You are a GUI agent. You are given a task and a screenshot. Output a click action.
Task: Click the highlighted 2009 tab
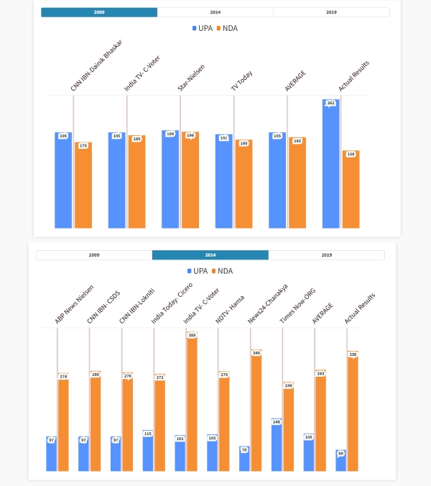[99, 12]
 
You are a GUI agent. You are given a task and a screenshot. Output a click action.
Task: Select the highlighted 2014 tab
[210, 255]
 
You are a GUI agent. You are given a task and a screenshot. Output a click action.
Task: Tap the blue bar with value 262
[330, 165]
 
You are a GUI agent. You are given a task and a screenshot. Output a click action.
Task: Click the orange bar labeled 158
[351, 190]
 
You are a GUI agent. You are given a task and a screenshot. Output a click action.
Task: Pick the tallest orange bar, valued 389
[192, 403]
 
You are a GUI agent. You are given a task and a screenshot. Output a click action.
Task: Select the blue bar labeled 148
[277, 446]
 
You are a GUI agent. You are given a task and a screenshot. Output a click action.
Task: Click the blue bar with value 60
[340, 461]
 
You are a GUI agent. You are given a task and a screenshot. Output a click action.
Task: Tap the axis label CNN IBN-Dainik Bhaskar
[96, 67]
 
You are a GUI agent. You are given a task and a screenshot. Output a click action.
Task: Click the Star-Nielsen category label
[191, 78]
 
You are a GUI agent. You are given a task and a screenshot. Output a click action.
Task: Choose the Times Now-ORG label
[297, 307]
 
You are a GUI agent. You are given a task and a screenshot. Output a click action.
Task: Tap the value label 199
[170, 134]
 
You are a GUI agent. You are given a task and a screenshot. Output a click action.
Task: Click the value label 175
[84, 145]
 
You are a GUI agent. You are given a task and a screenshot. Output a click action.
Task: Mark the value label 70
[245, 449]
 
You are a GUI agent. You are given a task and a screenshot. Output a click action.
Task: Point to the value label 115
[148, 433]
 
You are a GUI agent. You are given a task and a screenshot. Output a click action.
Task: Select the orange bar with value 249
[288, 428]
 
